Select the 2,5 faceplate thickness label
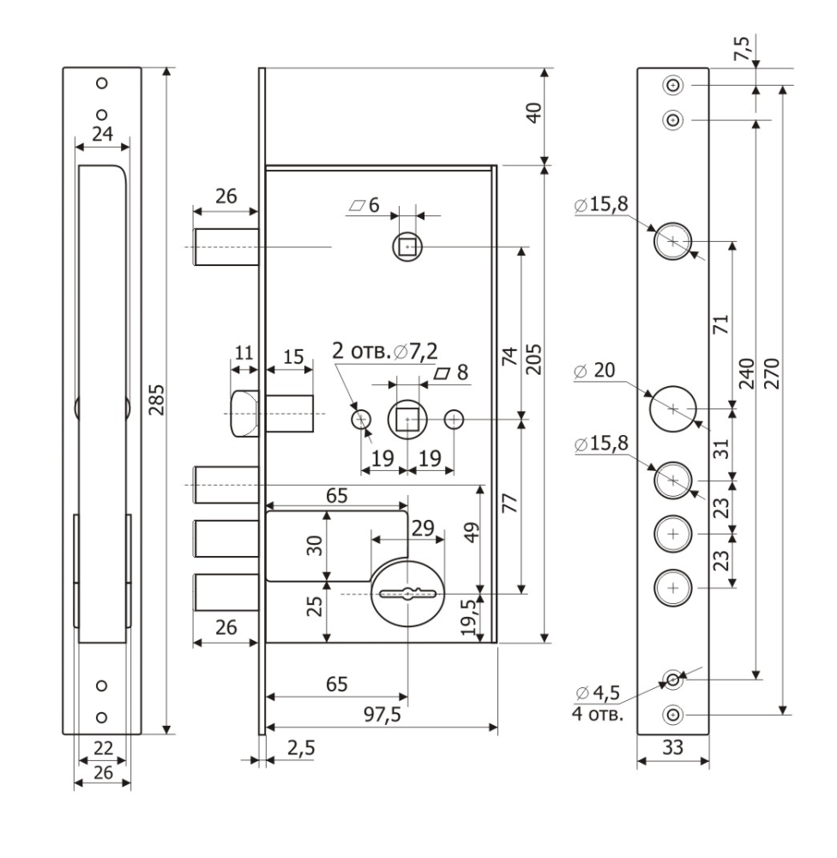click(300, 748)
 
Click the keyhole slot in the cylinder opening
click(407, 593)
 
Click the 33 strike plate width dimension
click(673, 748)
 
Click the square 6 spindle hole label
click(364, 205)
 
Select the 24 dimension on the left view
click(102, 134)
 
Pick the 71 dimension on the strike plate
click(720, 324)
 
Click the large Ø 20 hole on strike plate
click(673, 409)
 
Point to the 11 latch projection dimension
click(245, 353)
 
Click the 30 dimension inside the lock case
click(314, 547)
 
